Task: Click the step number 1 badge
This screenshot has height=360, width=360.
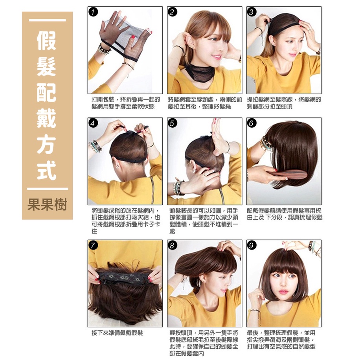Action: pyautogui.click(x=93, y=12)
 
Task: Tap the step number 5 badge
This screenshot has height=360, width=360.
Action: pyautogui.click(x=173, y=123)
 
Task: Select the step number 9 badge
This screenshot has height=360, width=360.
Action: pyautogui.click(x=252, y=245)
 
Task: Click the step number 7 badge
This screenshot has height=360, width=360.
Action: pyautogui.click(x=93, y=245)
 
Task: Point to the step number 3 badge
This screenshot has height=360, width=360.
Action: pyautogui.click(x=252, y=12)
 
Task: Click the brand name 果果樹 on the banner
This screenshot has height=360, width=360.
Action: pyautogui.click(x=47, y=204)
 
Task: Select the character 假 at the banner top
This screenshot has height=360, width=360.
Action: pyautogui.click(x=47, y=40)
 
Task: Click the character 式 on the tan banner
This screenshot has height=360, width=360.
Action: pyautogui.click(x=47, y=170)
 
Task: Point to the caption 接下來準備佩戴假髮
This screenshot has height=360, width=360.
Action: pyautogui.click(x=117, y=333)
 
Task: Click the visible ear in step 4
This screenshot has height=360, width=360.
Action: pyautogui.click(x=118, y=164)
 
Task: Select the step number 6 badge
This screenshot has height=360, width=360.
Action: pyautogui.click(x=252, y=123)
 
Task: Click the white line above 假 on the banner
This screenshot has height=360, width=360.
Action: pyautogui.click(x=47, y=20)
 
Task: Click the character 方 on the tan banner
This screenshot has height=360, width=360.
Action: pyautogui.click(x=47, y=144)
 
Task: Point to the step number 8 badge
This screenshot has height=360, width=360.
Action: pyautogui.click(x=173, y=245)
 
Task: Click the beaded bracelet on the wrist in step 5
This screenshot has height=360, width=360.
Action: pyautogui.click(x=178, y=188)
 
